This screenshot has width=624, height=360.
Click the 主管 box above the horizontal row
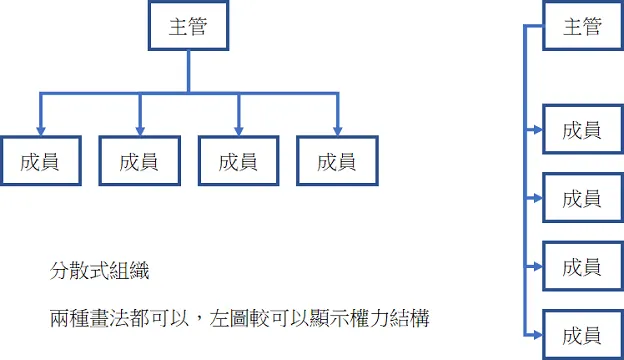click(188, 27)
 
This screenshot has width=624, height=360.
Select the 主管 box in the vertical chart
click(582, 27)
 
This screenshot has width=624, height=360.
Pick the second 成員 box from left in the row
click(138, 161)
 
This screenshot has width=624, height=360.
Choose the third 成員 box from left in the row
click(237, 161)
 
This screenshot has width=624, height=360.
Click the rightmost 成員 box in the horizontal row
click(337, 161)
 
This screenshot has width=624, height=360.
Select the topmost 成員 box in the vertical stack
click(582, 129)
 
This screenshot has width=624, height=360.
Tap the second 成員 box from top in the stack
click(582, 198)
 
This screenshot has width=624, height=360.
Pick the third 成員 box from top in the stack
click(582, 267)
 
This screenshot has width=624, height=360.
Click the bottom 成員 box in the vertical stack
click(582, 335)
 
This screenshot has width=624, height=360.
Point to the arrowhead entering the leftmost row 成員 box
click(39, 129)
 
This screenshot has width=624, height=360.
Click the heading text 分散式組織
click(101, 271)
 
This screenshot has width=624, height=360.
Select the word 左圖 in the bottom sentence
click(229, 320)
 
